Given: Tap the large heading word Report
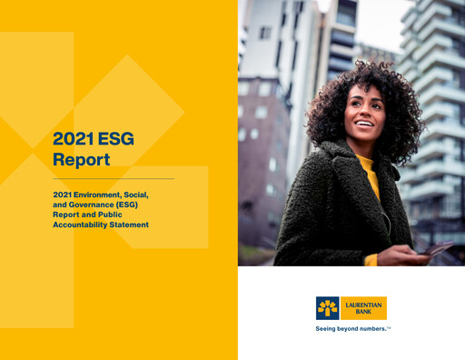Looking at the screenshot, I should point(81,160).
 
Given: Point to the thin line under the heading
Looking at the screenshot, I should point(113,179).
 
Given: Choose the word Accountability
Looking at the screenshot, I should point(84,225).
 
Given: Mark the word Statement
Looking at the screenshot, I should point(132,225).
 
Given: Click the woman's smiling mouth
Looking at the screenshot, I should point(362,125).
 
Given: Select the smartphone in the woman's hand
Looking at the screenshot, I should point(440,247).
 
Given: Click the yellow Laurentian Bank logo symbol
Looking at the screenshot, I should point(328,307).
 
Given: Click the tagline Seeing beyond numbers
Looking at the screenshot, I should point(350,328).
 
